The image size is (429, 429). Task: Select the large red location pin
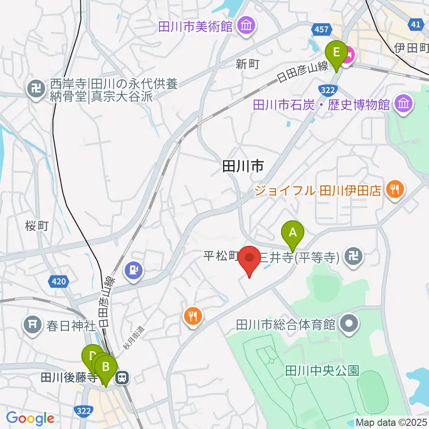(250, 259)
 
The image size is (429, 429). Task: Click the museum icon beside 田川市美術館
(246, 25)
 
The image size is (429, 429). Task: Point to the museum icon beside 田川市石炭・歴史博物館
(404, 105)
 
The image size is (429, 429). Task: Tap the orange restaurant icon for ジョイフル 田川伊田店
(395, 190)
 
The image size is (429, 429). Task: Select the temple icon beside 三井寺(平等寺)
(354, 257)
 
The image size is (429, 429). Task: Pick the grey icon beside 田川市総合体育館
(350, 324)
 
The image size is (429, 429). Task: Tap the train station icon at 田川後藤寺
(121, 379)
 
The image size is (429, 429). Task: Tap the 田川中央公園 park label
(322, 370)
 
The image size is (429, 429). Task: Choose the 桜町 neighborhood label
(37, 226)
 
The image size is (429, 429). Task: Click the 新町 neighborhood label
(248, 64)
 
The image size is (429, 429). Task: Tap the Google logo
(30, 418)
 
